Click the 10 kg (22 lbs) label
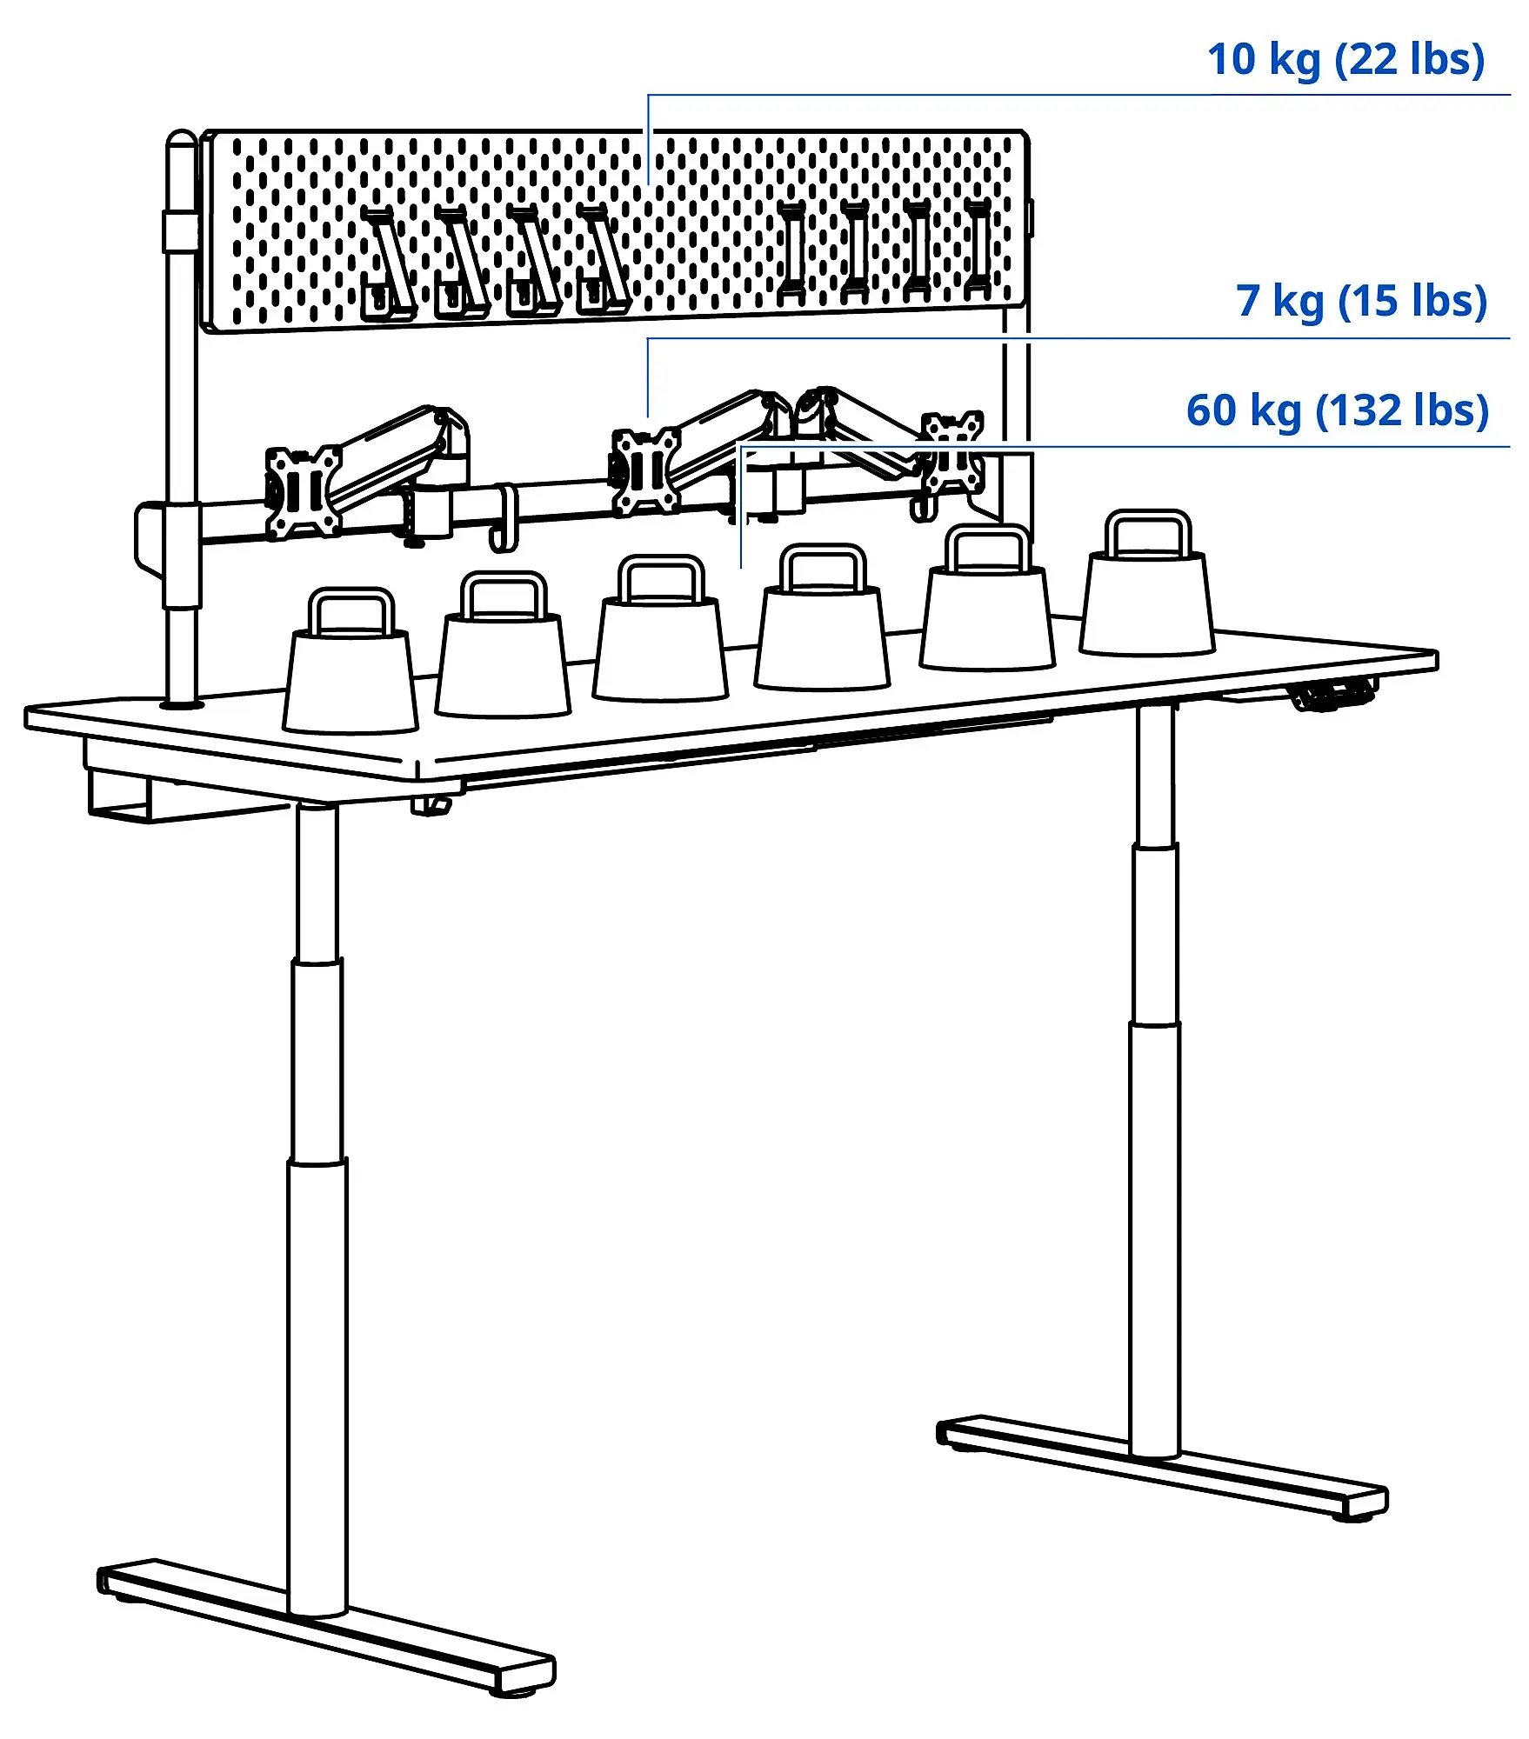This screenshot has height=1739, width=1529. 1345,60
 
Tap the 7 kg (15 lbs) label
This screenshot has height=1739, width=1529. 1361,302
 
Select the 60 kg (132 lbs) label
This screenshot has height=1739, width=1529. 1338,410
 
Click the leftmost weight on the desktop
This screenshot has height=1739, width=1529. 351,678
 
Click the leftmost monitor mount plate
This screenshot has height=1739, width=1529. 303,492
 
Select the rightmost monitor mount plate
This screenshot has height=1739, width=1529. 952,452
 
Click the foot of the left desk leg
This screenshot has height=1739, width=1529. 326,1624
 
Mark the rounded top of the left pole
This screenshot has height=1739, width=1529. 182,141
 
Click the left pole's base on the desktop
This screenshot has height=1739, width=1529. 182,703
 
